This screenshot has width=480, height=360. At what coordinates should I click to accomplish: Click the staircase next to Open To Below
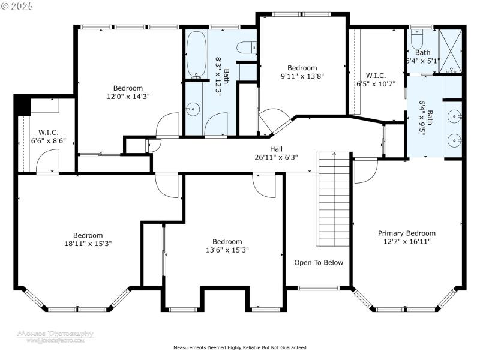coord(333,198)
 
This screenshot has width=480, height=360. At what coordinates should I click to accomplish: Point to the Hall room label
coord(276,149)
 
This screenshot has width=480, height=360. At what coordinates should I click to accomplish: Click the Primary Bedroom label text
coord(406,233)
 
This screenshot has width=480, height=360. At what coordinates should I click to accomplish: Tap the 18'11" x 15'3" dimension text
coord(88,244)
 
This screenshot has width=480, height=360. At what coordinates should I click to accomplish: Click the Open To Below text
coord(318,262)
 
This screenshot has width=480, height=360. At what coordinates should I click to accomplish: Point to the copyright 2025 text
coord(18,5)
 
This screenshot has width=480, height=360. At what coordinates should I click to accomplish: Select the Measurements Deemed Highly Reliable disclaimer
coord(240,347)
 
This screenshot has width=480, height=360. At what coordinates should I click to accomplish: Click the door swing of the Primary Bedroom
coord(362,172)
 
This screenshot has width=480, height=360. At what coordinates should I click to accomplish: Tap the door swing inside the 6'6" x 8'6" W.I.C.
coord(47,160)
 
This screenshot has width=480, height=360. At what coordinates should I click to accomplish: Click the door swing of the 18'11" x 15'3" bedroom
coord(167,185)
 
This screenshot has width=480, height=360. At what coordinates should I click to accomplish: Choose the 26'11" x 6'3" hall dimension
coord(276,157)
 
